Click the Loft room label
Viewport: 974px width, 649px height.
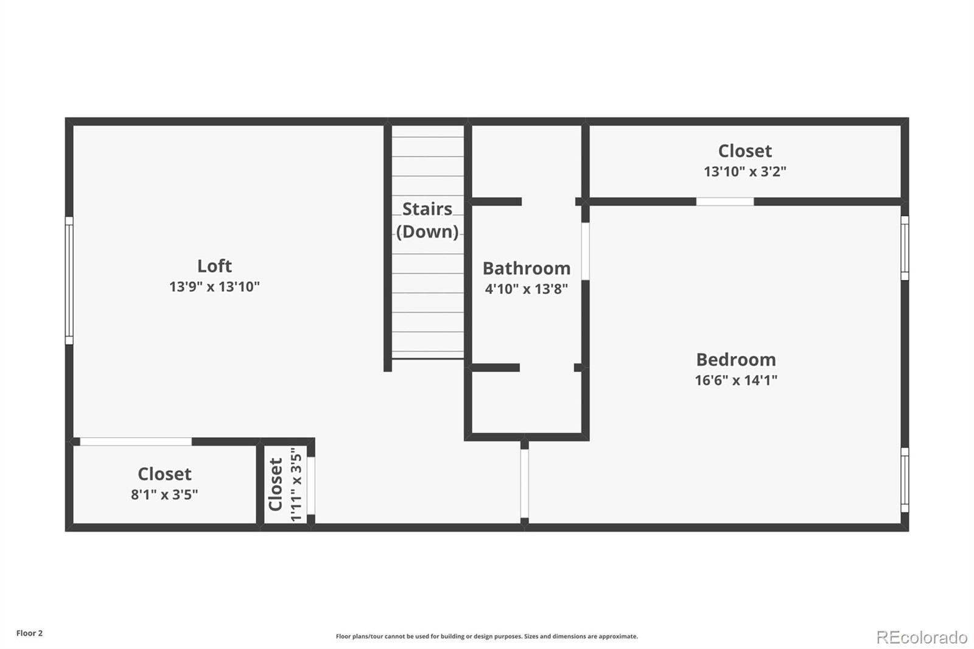click(x=214, y=266)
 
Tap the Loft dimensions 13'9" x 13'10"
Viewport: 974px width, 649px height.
click(x=214, y=287)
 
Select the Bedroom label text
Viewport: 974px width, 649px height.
click(x=736, y=360)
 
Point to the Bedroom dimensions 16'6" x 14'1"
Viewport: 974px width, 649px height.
click(x=736, y=380)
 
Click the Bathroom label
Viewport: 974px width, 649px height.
click(x=527, y=268)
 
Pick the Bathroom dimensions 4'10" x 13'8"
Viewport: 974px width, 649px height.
click(x=527, y=289)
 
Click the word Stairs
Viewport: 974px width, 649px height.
click(x=427, y=209)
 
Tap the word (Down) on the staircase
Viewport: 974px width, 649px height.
click(x=427, y=232)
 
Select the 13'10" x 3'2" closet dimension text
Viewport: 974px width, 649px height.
click(x=745, y=172)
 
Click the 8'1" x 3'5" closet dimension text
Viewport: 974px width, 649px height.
click(x=164, y=494)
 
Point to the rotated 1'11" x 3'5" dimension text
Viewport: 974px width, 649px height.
click(x=296, y=485)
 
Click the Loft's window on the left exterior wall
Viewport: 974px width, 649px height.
click(x=69, y=281)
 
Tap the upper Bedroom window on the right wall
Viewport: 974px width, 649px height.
click(x=905, y=248)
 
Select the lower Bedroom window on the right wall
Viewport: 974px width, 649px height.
click(x=905, y=480)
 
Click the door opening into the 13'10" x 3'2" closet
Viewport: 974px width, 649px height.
click(x=725, y=202)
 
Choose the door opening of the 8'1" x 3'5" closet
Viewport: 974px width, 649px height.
click(x=136, y=441)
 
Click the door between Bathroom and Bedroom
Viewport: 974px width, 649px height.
click(x=585, y=251)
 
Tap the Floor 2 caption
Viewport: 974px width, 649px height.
click(x=30, y=633)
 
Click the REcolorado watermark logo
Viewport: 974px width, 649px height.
click(x=922, y=637)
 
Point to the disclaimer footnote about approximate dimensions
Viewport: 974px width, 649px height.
click(x=486, y=636)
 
